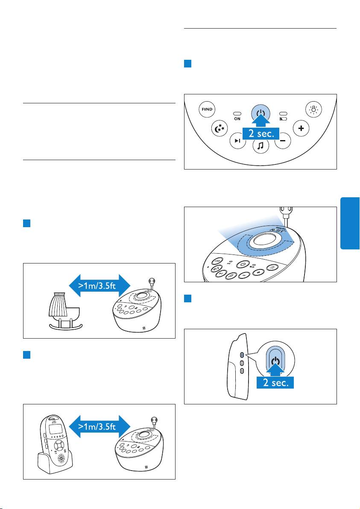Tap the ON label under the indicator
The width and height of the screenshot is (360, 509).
pyautogui.click(x=237, y=119)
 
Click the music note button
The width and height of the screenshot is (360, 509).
pyautogui.click(x=260, y=146)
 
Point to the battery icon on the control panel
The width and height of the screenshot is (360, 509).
pyautogui.click(x=283, y=119)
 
